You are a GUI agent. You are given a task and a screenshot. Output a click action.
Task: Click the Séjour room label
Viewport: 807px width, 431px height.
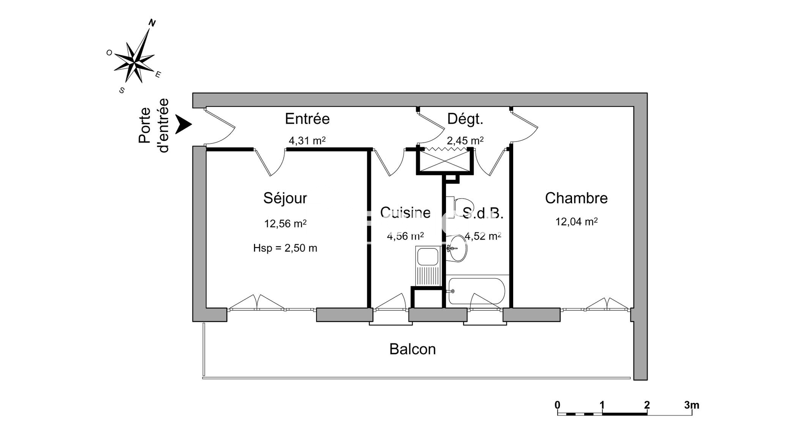coord(285,198)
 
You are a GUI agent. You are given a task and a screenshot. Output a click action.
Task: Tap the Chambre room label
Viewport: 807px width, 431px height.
coord(576,198)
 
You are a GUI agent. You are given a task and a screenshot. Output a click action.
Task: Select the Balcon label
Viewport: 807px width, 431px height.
coord(412,349)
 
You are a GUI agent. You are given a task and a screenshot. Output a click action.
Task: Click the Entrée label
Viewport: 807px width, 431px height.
coord(307,119)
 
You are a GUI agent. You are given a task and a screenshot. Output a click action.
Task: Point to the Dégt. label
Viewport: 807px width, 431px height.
coord(465,119)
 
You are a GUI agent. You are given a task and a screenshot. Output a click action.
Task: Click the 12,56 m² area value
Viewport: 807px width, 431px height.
coord(285,223)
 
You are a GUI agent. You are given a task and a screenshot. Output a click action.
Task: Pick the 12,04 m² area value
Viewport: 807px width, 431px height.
coord(576,221)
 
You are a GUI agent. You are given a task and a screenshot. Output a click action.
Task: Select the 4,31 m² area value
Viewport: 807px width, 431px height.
coord(307,141)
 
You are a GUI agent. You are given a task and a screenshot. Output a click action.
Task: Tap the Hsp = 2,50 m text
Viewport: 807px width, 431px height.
coord(285,248)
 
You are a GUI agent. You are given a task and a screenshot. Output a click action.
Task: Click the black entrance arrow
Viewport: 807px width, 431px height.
coord(183,125)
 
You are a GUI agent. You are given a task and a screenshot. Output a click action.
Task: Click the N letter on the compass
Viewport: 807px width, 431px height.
coord(152,24)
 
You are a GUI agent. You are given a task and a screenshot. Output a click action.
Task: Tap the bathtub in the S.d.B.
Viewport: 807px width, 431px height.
coord(477,291)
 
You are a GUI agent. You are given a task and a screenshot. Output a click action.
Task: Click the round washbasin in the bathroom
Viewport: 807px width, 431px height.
coord(457,248)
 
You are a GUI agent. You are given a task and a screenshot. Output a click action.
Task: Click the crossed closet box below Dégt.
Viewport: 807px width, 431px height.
coord(445,161)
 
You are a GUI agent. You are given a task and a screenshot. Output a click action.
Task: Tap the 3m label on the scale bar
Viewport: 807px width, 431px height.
coord(691,405)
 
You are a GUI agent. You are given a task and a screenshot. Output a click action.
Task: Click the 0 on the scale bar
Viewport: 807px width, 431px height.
coord(557,405)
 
